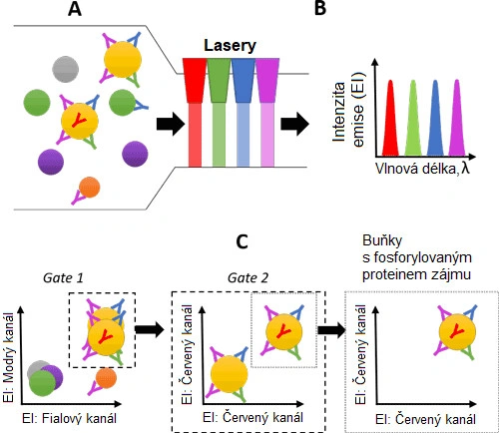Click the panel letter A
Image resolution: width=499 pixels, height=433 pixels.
point(75,8)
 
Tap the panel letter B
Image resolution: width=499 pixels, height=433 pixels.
point(320,8)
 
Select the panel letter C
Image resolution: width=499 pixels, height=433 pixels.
point(242,241)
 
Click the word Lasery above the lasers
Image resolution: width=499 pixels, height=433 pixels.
point(230,46)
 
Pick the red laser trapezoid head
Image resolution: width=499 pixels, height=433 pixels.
point(195,80)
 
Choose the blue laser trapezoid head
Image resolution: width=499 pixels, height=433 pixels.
point(244,80)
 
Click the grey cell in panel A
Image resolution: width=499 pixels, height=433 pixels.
point(66,69)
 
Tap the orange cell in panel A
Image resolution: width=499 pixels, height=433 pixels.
point(90,187)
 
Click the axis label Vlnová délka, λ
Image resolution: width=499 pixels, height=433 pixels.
point(422,169)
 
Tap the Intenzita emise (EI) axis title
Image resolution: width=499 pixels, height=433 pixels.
point(348,111)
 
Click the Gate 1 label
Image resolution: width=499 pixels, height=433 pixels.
point(63,277)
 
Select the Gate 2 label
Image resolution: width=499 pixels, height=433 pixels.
point(248,277)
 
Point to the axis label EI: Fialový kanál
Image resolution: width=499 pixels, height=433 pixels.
point(69,418)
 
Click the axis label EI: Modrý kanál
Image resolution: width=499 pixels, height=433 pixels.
point(9,357)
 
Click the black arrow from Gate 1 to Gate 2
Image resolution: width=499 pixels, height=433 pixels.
point(150,330)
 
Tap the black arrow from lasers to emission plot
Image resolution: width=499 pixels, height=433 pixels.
point(295,124)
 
